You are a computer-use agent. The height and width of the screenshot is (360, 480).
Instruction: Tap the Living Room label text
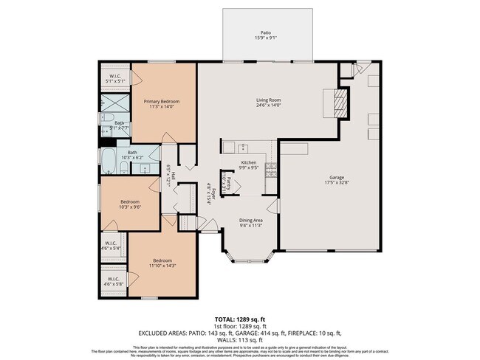(x=268, y=100)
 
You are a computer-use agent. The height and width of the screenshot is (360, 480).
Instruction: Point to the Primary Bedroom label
(x=161, y=102)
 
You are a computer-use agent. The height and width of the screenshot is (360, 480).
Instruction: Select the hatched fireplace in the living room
(x=339, y=103)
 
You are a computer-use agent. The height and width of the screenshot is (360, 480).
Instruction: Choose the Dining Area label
(x=250, y=221)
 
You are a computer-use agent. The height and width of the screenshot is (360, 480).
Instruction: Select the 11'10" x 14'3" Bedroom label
(x=163, y=261)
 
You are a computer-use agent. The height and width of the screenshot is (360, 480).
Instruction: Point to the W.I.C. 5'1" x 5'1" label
(x=115, y=77)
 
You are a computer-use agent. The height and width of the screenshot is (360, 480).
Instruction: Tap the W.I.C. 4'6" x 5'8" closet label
(x=113, y=281)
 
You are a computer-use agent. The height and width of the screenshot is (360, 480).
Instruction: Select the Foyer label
(x=209, y=193)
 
